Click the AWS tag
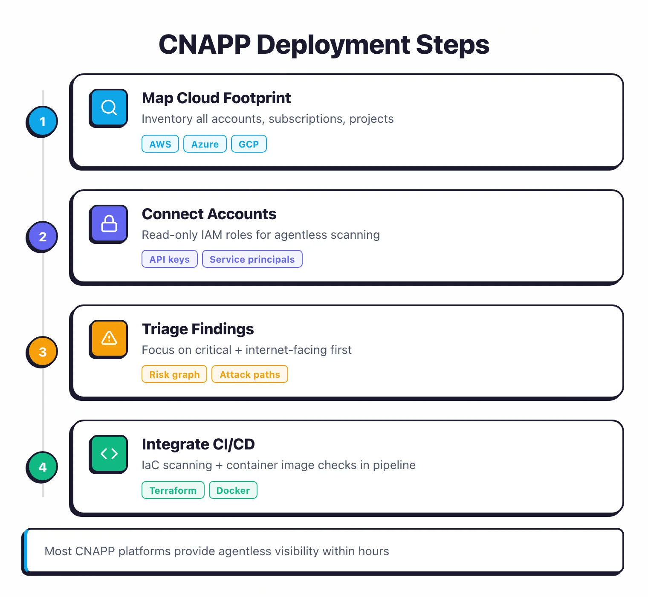coord(160,144)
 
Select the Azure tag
coord(205,144)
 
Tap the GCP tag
coord(249,144)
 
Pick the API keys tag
coord(169,259)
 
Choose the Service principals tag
coord(252,259)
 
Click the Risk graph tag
coord(174,374)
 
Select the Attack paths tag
coord(249,374)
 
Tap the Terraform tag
coord(173,490)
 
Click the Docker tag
coord(233,490)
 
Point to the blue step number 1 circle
coord(42,122)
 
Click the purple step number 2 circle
coord(42,237)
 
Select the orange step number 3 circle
coord(42,352)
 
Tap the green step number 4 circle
coord(42,467)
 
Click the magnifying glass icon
coord(109,107)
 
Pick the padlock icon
coord(109,223)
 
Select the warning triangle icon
coord(109,339)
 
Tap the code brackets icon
coord(109,454)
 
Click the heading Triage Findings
coord(197,329)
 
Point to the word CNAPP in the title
coord(204,45)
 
